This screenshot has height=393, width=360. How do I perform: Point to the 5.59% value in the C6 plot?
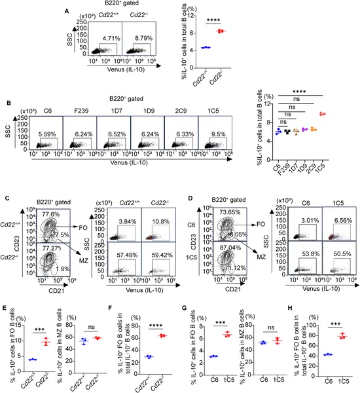[x=47, y=134]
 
